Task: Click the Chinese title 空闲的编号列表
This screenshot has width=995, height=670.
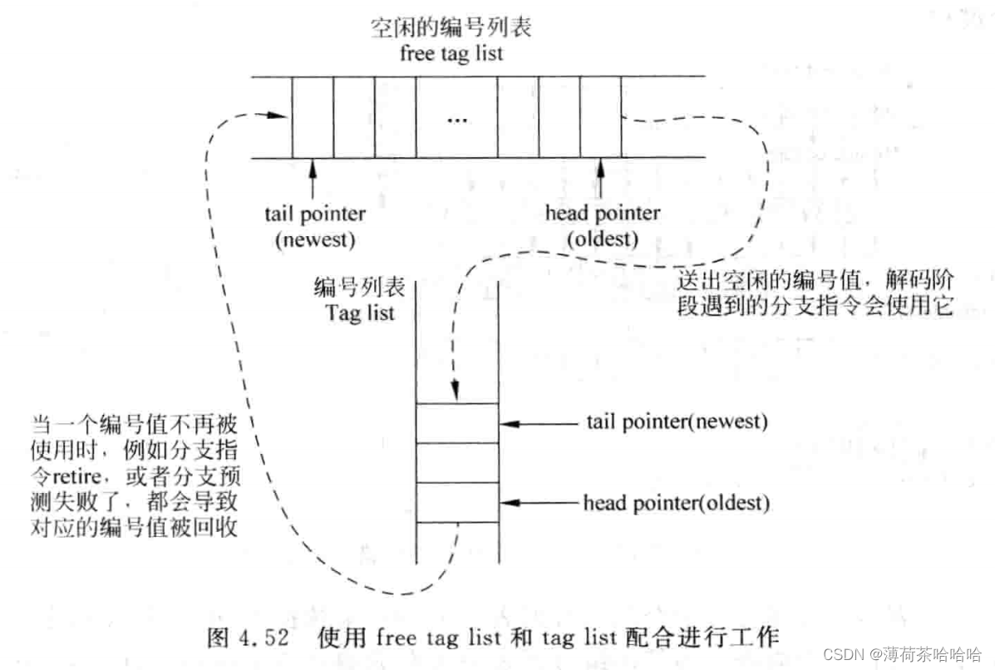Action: (x=451, y=28)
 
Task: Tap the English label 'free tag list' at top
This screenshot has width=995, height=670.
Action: (x=451, y=54)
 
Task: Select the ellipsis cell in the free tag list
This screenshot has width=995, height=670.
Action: (x=456, y=118)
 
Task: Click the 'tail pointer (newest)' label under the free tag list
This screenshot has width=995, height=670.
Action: (x=315, y=227)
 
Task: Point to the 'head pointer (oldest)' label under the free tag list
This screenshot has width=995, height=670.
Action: (x=602, y=225)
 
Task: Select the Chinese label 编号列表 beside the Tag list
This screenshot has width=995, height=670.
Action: (x=359, y=288)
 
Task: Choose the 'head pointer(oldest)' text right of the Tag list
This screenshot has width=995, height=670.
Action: (x=676, y=503)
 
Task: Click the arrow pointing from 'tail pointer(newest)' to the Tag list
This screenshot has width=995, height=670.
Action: (x=540, y=423)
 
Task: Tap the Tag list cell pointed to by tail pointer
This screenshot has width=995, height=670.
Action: (x=456, y=423)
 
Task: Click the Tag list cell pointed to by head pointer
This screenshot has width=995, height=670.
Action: (x=456, y=502)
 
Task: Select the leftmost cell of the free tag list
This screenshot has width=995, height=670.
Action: (x=313, y=118)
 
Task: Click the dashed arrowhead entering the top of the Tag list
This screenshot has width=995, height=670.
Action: (x=456, y=391)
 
